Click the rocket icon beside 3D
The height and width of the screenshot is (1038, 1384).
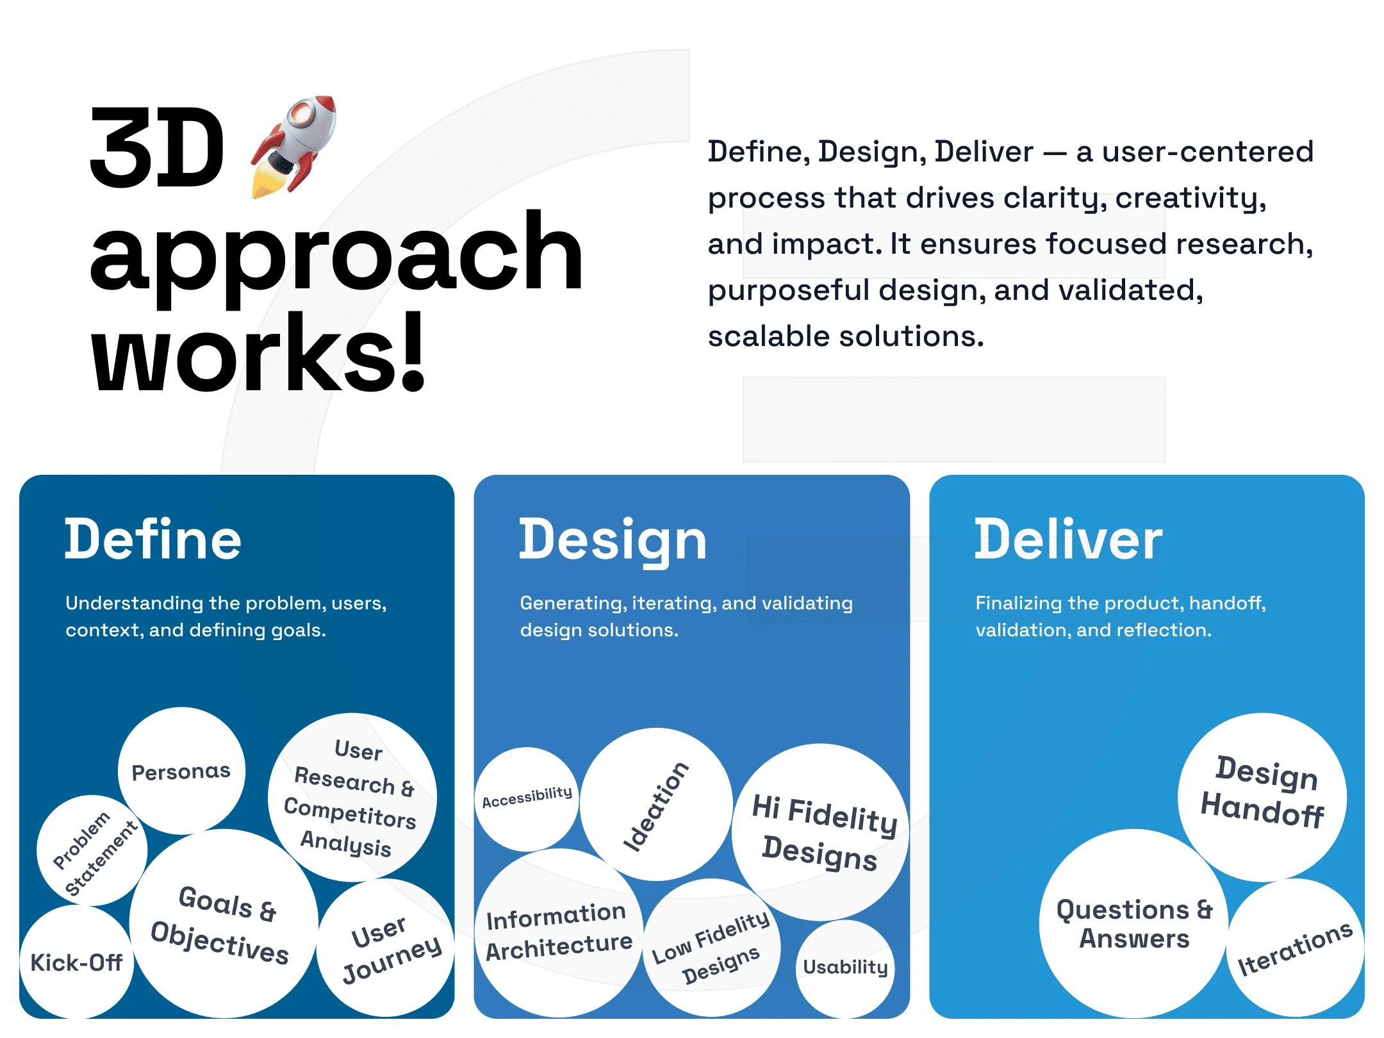tap(293, 146)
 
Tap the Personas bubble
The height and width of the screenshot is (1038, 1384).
tap(181, 771)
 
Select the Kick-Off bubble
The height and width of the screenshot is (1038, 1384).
tap(76, 962)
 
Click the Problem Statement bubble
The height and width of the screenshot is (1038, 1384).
tap(92, 851)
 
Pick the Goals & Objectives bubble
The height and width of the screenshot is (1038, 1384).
tap(224, 923)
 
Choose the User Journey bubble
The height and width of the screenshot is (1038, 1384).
tap(386, 948)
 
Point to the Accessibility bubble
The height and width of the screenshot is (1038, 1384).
tap(527, 799)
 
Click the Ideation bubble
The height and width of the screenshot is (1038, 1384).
tap(656, 805)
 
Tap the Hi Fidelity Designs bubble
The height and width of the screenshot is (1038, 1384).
tap(821, 832)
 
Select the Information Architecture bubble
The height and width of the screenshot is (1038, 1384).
tap(559, 933)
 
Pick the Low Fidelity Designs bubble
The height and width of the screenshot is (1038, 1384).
tap(712, 948)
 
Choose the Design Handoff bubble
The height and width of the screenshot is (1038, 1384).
tap(1262, 798)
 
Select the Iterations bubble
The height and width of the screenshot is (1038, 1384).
tap(1296, 948)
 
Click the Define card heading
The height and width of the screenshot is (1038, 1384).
tap(153, 540)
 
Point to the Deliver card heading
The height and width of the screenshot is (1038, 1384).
tap(1068, 540)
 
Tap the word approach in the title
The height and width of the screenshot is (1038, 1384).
tap(336, 259)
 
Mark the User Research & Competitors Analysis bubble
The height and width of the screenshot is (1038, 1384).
tap(352, 798)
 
